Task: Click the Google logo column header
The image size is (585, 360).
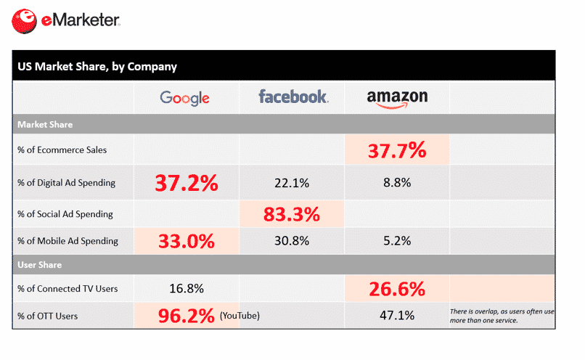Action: [184, 97]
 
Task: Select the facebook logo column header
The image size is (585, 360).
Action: [293, 97]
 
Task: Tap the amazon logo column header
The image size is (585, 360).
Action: [396, 98]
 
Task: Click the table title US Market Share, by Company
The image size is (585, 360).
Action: [97, 67]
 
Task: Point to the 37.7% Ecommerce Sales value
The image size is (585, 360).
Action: [396, 150]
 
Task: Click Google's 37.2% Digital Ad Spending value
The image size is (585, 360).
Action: [185, 183]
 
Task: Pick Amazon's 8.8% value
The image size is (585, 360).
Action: [396, 183]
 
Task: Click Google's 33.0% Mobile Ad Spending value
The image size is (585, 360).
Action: [185, 240]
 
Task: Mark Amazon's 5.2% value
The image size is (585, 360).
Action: [396, 240]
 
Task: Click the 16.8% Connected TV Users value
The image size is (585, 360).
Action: [185, 289]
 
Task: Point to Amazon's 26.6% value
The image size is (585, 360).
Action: [396, 289]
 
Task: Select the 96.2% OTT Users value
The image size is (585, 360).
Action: [187, 316]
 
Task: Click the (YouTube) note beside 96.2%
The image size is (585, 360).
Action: [240, 316]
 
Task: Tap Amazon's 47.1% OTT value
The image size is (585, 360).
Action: [396, 316]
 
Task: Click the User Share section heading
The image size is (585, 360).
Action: [39, 265]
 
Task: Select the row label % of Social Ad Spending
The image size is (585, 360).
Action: [66, 214]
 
